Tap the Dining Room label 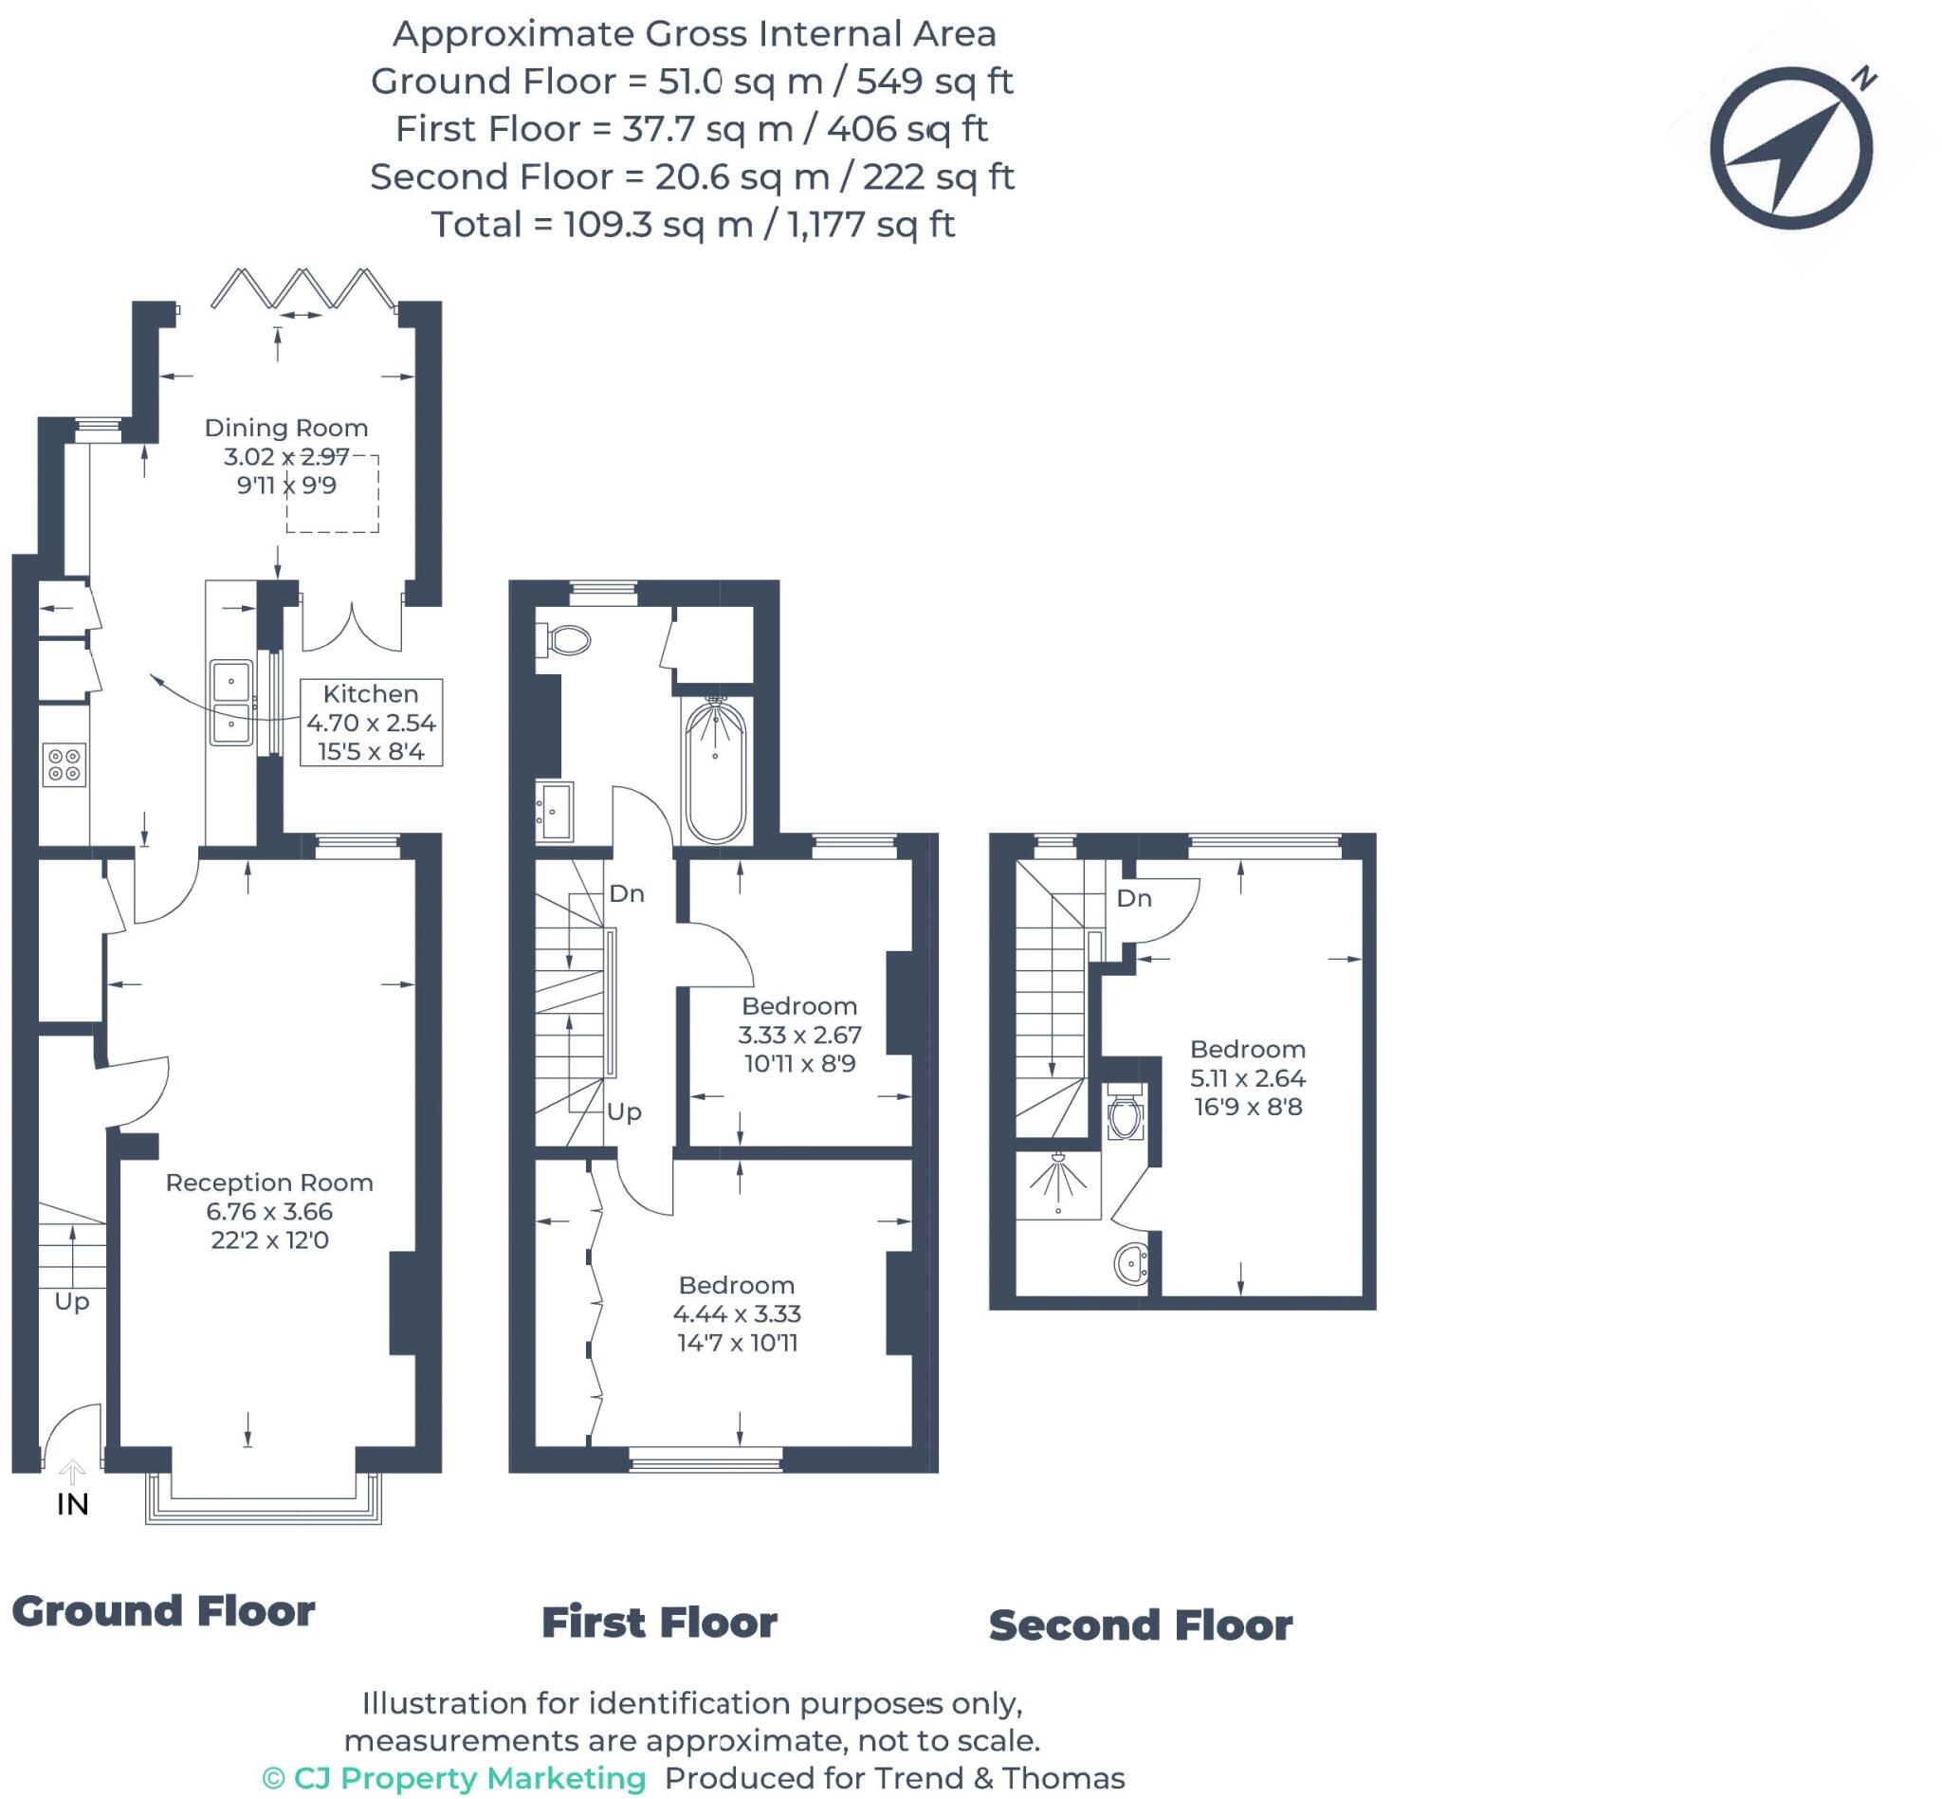click(286, 428)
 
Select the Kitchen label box click(371, 723)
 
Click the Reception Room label click(269, 1182)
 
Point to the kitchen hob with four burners click(64, 764)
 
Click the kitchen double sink click(231, 702)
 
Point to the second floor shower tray click(1058, 1184)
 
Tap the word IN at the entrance click(73, 1504)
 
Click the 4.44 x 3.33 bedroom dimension click(737, 1313)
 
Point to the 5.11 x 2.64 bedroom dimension click(1248, 1077)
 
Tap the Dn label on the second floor click(1134, 897)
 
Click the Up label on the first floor click(624, 1111)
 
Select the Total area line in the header click(693, 224)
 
